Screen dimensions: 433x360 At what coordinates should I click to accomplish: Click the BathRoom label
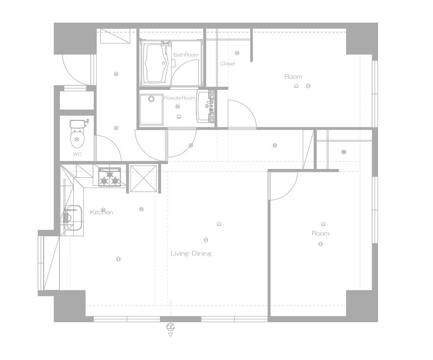[186, 55]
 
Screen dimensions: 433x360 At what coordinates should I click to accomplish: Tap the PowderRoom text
[180, 98]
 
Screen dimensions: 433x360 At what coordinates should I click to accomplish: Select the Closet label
[228, 63]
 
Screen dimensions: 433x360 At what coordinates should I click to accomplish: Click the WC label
[78, 154]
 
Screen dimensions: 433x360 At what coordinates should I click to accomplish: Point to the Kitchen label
[102, 212]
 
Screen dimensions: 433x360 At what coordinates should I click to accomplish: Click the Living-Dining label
[191, 253]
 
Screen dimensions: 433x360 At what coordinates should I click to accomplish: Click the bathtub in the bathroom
[156, 63]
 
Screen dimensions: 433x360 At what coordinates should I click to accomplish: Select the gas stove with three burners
[109, 177]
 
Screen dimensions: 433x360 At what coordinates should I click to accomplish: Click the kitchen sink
[73, 218]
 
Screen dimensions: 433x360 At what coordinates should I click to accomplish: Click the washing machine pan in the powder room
[151, 110]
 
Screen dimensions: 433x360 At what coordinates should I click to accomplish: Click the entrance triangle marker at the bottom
[170, 335]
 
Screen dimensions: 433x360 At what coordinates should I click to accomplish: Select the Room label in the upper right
[293, 77]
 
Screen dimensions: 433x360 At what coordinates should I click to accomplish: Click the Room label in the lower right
[320, 233]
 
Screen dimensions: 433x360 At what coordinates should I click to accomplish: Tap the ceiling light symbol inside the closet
[237, 53]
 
